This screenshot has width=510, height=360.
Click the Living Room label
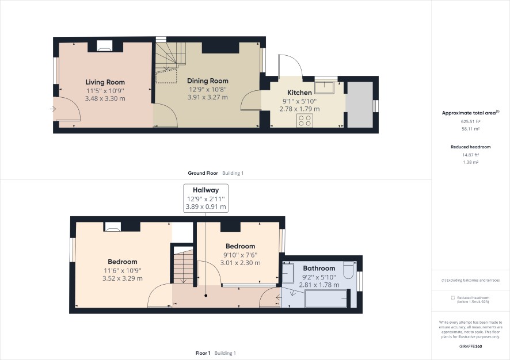[105, 82]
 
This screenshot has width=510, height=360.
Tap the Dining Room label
[208, 81]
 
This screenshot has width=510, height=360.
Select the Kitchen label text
[299, 93]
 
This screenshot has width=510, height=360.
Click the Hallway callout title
[205, 190]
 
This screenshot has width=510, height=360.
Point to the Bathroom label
[319, 269]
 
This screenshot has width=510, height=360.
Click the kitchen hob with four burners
[305, 120]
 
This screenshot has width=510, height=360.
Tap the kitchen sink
[326, 87]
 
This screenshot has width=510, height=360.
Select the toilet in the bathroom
[348, 270]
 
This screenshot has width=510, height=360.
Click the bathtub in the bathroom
[326, 299]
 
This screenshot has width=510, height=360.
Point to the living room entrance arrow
[53, 109]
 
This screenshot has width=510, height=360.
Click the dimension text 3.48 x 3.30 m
[105, 98]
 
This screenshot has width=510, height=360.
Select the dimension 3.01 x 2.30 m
[241, 263]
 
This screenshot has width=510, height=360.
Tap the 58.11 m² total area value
[471, 129]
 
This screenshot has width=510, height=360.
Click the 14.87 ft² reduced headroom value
[471, 155]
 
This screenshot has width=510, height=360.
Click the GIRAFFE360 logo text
[471, 346]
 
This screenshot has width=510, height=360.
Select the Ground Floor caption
[203, 173]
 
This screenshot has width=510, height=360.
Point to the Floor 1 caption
[203, 353]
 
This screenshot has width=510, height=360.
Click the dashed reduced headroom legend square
[453, 298]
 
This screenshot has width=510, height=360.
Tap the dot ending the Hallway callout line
[206, 296]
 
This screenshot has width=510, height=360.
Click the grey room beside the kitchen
[359, 105]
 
